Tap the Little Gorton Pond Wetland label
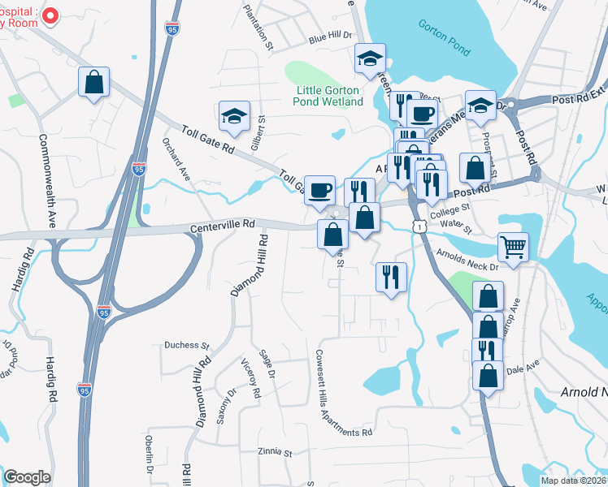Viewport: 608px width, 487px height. click(329, 96)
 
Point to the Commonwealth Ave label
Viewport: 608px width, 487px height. click(46, 180)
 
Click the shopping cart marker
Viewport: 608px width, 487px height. click(513, 245)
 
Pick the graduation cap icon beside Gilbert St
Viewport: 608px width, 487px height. click(234, 115)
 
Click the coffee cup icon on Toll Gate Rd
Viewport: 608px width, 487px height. click(319, 189)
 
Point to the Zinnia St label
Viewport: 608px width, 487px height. click(273, 451)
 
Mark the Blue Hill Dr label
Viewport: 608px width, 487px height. click(328, 37)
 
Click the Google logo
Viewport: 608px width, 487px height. click(27, 477)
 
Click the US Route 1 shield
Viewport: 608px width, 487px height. click(418, 228)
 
